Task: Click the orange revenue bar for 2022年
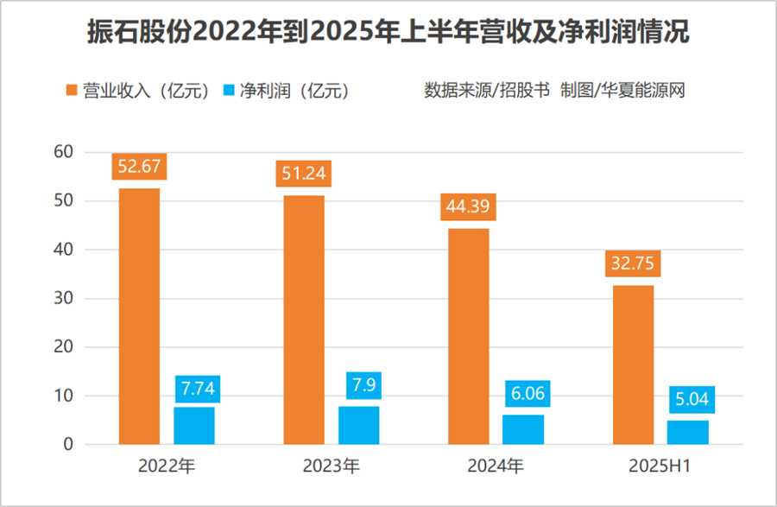tap(139, 316)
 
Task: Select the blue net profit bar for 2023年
tap(358, 425)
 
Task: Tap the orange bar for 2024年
tap(468, 337)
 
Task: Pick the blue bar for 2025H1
tap(688, 432)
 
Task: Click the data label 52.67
tap(140, 166)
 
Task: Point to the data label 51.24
tap(303, 173)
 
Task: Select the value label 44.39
tap(468, 206)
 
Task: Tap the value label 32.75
tap(632, 263)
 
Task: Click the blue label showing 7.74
tap(197, 389)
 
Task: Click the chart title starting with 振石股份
tap(388, 33)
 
